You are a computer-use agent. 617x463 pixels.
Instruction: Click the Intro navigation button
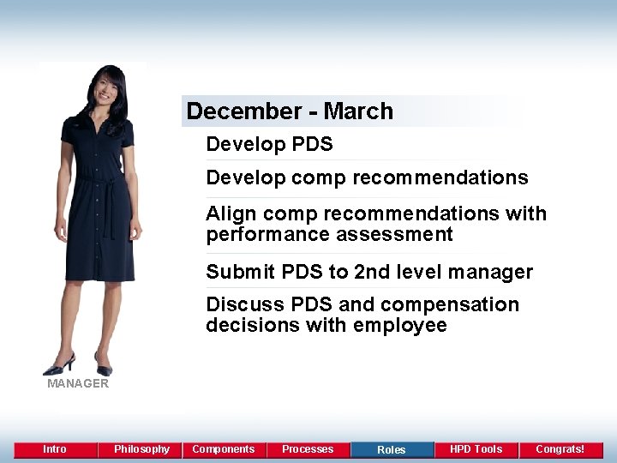(x=55, y=449)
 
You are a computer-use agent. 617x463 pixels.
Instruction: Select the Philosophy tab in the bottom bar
(x=141, y=449)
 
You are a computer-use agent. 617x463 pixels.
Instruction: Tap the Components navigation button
(x=223, y=449)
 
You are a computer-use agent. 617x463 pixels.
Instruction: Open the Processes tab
(x=308, y=449)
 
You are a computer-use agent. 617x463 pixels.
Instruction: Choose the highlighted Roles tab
(x=392, y=449)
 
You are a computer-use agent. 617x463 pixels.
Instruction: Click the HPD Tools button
(x=476, y=449)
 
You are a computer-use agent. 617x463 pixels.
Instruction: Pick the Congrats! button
(x=560, y=449)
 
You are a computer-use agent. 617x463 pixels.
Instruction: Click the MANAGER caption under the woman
(x=78, y=384)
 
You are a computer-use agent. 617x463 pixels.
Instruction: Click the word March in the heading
(x=358, y=111)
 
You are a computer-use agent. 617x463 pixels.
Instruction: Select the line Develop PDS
(x=269, y=144)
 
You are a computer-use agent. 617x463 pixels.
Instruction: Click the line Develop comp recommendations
(x=367, y=177)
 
